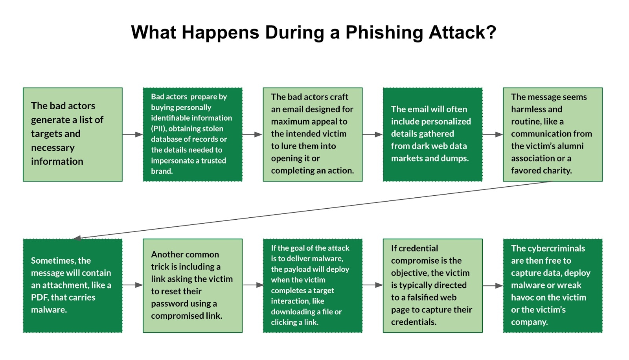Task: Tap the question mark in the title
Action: pos(491,32)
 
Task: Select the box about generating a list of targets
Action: pos(73,134)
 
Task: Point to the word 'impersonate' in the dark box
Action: pos(170,160)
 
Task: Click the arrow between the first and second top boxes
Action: pos(132,134)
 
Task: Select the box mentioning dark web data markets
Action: pos(432,134)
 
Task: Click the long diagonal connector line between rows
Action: pos(314,209)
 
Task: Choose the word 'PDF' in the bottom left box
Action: pos(39,298)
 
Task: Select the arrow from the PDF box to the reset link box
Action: pos(132,285)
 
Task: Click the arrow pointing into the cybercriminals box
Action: pos(493,286)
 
